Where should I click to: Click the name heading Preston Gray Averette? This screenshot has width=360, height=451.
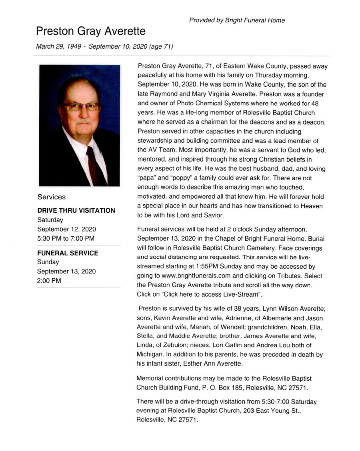(x=91, y=31)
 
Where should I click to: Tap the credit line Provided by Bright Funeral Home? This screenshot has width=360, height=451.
(x=237, y=20)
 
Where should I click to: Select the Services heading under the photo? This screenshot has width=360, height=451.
(x=52, y=197)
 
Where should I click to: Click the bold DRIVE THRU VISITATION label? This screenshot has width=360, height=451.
(x=76, y=210)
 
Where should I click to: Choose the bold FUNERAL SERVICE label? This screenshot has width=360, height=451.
(x=68, y=253)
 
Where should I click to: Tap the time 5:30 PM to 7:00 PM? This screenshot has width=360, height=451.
(x=66, y=239)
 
